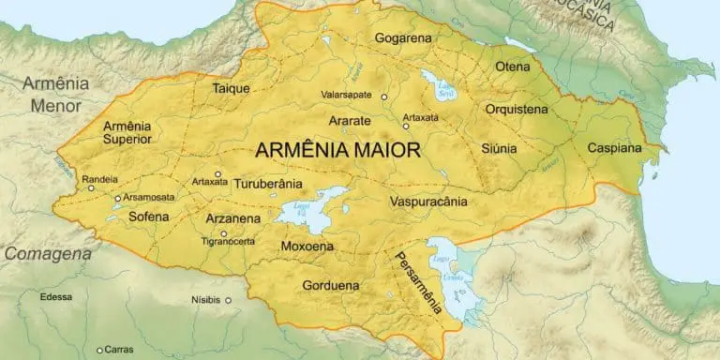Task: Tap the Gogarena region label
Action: tap(404, 38)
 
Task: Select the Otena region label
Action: tap(513, 67)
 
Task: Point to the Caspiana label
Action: tap(614, 148)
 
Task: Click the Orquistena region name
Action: tap(517, 110)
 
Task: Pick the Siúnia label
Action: tap(498, 148)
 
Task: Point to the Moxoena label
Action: tap(307, 247)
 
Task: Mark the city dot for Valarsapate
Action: tap(384, 96)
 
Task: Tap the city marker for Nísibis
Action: tap(228, 301)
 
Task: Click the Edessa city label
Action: tap(55, 296)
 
